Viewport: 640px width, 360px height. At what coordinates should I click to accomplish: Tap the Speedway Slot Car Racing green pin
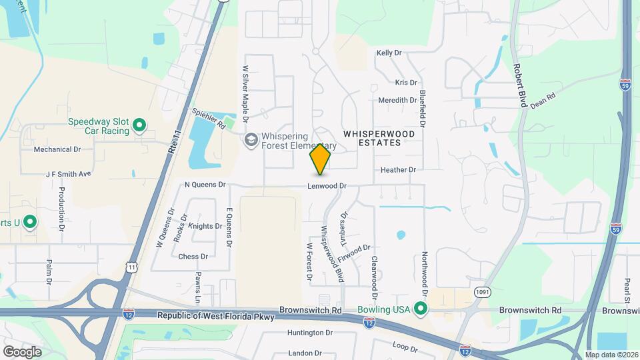139,125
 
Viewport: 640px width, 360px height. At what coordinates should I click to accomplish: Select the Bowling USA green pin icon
420,309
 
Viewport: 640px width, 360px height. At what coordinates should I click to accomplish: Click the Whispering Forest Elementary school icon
251,139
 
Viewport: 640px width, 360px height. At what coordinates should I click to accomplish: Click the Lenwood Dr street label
327,186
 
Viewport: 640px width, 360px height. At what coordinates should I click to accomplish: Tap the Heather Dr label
398,170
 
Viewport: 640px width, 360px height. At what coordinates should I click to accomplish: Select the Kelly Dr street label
389,53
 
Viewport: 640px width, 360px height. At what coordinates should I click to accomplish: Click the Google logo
22,351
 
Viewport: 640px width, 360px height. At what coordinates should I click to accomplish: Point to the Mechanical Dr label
57,150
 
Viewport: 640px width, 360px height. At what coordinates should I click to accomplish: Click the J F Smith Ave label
68,174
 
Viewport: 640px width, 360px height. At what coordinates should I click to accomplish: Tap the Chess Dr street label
193,256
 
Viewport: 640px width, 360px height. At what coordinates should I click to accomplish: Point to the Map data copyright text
611,355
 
